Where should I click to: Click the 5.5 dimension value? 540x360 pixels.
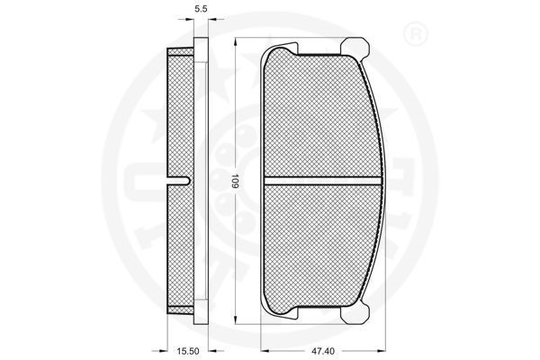coord(201,9)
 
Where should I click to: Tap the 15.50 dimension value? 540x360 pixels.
coord(188,351)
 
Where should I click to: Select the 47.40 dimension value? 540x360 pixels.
coord(323,351)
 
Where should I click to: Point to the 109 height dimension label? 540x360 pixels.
coord(235,181)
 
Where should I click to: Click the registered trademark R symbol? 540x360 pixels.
coord(415,34)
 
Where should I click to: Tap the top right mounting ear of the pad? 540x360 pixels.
coord(355,47)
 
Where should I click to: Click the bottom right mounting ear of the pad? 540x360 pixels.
coord(355,314)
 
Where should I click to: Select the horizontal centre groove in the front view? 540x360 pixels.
coord(323,181)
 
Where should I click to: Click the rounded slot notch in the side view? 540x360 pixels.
coord(178,181)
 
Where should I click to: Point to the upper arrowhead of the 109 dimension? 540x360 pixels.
coord(236,42)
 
